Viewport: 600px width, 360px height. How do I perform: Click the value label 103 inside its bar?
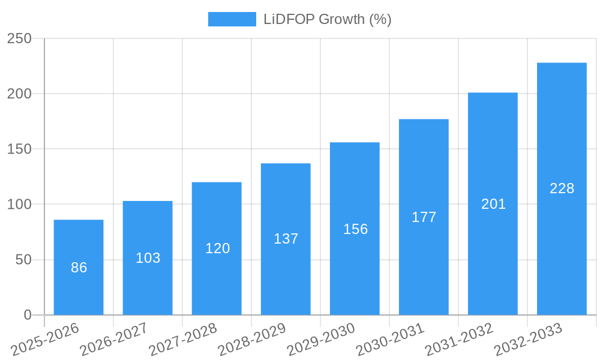[x=148, y=258]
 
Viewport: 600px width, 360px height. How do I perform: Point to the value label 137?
[x=286, y=239]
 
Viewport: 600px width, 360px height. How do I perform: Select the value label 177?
[x=424, y=217]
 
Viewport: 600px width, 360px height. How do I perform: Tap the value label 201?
[x=493, y=204]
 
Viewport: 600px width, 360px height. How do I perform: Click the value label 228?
[x=562, y=188]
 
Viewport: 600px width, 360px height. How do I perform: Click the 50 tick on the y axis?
[x=23, y=260]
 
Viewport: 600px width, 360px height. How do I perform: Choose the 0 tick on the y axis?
[x=28, y=315]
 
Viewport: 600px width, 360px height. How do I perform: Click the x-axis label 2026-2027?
[x=114, y=339]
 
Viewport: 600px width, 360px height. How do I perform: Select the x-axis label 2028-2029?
[x=252, y=339]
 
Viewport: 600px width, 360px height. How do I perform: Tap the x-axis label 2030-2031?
[x=390, y=339]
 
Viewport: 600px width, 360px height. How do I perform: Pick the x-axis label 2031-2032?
[x=459, y=339]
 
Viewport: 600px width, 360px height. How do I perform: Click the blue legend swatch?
[x=232, y=19]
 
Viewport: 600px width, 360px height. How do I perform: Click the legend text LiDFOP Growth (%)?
[x=328, y=19]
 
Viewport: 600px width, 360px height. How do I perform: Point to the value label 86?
[x=79, y=268]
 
